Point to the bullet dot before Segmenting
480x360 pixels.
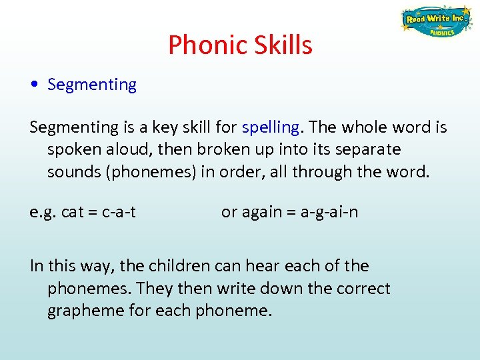[x=34, y=85]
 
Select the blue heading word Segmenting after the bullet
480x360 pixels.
[x=92, y=85]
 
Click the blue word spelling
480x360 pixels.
[x=271, y=127]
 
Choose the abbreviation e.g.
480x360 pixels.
[x=43, y=213]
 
